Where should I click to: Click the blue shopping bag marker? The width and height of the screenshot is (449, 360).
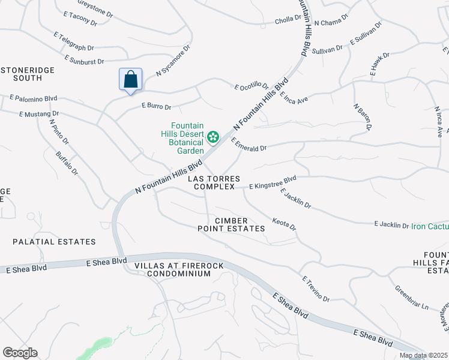click(x=130, y=80)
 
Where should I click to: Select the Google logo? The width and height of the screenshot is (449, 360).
click(x=20, y=353)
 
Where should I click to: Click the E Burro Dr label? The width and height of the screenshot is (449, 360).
click(x=156, y=106)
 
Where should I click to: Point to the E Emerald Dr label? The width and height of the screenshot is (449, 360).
click(x=248, y=144)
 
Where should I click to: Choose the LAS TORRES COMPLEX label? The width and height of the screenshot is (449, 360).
click(x=214, y=183)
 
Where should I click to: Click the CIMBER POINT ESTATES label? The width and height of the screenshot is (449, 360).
click(x=232, y=224)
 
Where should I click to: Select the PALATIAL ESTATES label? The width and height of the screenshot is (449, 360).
click(x=54, y=242)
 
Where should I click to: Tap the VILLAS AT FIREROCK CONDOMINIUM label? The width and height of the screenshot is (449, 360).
click(x=172, y=269)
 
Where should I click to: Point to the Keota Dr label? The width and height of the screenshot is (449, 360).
click(x=285, y=224)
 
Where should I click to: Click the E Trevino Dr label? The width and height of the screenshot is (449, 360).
click(x=316, y=289)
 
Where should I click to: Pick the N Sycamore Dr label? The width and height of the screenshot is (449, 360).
click(x=173, y=60)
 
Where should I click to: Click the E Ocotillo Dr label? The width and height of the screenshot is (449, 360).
click(x=251, y=86)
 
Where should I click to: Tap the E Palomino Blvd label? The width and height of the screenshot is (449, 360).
click(x=33, y=98)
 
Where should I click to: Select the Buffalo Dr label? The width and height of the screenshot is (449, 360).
click(x=67, y=163)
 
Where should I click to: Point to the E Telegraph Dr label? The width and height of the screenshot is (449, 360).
click(x=74, y=40)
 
